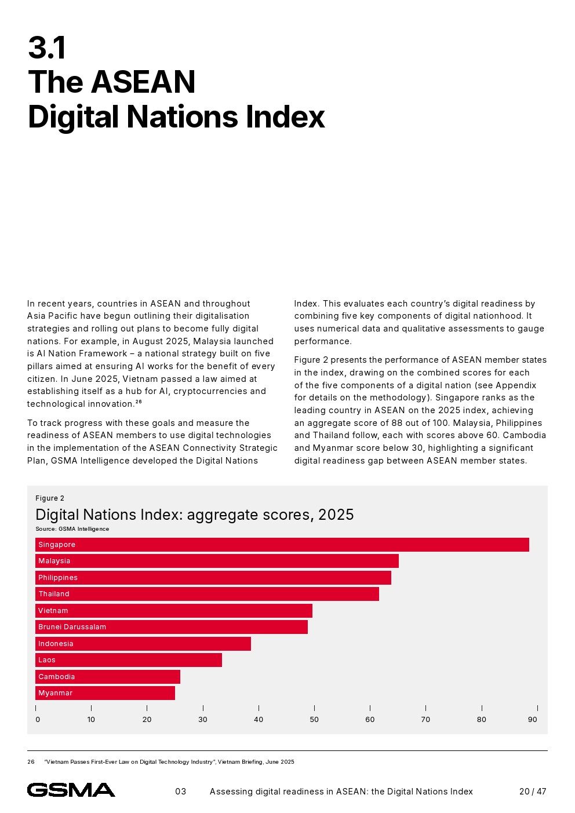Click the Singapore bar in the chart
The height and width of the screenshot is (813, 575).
[x=282, y=545]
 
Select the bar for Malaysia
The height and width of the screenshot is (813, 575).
[x=217, y=561]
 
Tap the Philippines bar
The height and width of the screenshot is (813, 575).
[x=213, y=578]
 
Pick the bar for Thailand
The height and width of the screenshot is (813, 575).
[x=207, y=594]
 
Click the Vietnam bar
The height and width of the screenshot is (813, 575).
[x=173, y=611]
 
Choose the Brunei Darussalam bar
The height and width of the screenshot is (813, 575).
[x=171, y=627]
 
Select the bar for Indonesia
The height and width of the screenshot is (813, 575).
[x=143, y=644]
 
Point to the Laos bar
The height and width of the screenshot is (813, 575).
[x=128, y=660]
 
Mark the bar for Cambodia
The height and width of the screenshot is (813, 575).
[x=107, y=677]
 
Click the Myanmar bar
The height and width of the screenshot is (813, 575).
[x=105, y=693]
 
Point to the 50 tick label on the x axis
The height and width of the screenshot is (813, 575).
[x=314, y=720]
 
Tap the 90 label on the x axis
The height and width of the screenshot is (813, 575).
[x=532, y=720]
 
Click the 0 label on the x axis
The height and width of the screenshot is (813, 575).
[x=38, y=720]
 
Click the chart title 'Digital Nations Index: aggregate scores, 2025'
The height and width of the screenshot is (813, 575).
[x=194, y=515]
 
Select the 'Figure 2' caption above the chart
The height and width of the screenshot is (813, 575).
[x=50, y=498]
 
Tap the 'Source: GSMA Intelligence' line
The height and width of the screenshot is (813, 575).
[x=72, y=529]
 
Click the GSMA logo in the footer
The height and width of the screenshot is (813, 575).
[x=71, y=790]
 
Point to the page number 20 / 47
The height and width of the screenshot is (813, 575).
[x=532, y=792]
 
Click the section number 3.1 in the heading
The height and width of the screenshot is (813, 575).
[x=47, y=48]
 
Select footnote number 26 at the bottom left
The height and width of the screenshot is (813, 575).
[x=31, y=762]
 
